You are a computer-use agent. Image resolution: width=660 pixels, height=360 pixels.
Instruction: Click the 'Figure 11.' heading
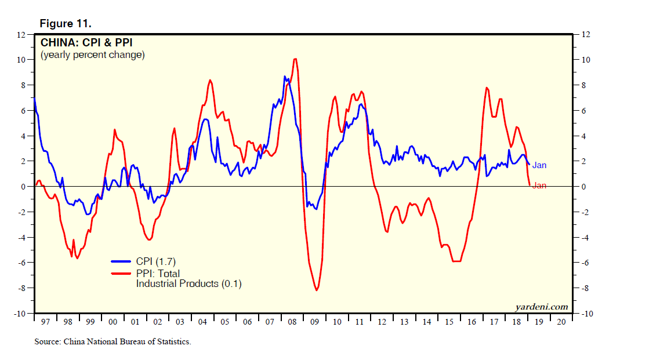[x=65, y=24]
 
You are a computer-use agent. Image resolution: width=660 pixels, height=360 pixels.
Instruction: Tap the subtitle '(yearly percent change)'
[x=92, y=55]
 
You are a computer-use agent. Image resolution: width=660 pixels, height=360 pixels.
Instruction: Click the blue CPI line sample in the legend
[x=122, y=262]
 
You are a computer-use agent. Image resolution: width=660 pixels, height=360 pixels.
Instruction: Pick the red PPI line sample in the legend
[x=122, y=274]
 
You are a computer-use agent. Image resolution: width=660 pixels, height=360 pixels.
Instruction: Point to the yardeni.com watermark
[x=541, y=307]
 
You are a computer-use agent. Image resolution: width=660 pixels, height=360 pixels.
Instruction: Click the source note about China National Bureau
[x=113, y=341]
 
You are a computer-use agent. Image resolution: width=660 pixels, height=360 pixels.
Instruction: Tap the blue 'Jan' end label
[x=539, y=165]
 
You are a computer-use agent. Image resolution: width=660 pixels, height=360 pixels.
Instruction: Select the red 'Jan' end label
[x=539, y=186]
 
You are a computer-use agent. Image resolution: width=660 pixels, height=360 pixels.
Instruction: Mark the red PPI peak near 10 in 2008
[x=295, y=59]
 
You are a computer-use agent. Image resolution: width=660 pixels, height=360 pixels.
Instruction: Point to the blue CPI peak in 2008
[x=285, y=77]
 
